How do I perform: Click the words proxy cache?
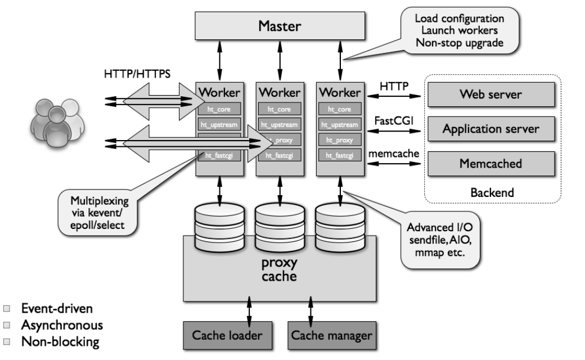click(279, 270)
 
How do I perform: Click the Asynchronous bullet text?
click(62, 325)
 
